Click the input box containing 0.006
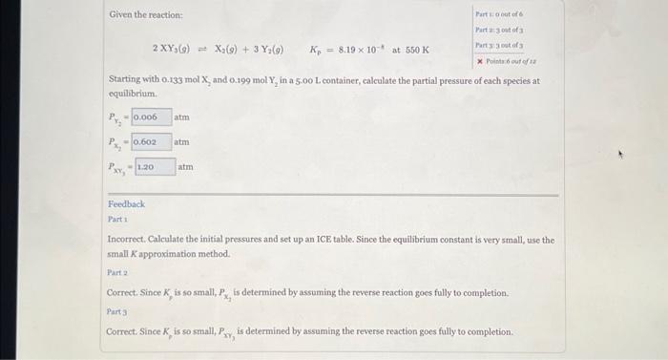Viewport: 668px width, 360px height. click(151, 117)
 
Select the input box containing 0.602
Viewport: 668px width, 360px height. click(151, 142)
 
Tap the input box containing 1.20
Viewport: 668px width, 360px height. click(154, 167)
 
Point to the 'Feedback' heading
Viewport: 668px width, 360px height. click(126, 204)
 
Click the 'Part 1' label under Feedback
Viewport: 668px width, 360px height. click(117, 219)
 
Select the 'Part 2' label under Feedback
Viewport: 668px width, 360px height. click(117, 272)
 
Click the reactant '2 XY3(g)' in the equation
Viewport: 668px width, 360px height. click(173, 50)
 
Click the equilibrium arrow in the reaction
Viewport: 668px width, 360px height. click(202, 50)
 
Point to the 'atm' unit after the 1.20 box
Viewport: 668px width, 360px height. click(185, 167)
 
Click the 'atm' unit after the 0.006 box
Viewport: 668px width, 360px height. click(182, 117)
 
